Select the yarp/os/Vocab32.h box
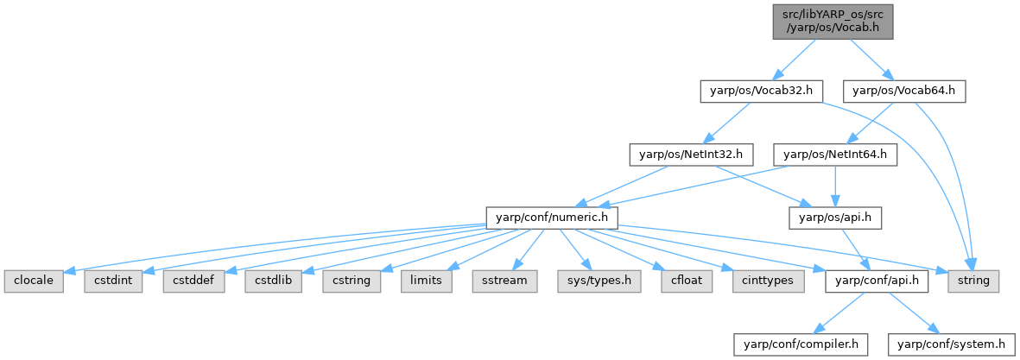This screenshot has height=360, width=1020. pos(761,90)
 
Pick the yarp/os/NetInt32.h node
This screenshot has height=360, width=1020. pos(691,155)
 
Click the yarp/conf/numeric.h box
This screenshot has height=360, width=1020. pos(552,217)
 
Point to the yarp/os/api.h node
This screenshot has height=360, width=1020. pos(835,217)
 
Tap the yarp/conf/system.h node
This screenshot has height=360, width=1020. pos(953,344)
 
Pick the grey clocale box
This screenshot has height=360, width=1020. pos(34,281)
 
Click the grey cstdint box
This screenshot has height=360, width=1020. pos(114,281)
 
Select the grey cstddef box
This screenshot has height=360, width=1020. pos(194,281)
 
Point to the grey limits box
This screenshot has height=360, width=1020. pos(427,281)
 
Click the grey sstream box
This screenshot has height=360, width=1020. pos(504,281)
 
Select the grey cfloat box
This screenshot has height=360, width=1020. pos(675,281)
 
